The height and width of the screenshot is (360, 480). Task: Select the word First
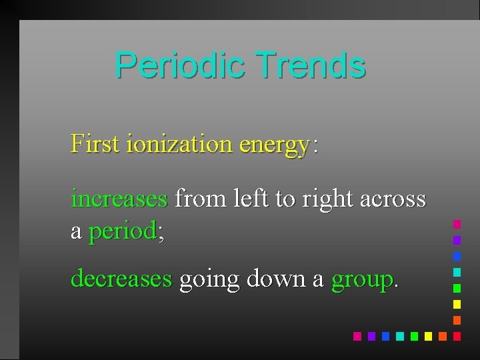95,143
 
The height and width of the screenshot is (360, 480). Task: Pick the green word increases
119,198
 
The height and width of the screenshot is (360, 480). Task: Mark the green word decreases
121,278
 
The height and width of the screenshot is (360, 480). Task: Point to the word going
209,279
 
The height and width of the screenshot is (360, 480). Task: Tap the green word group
361,279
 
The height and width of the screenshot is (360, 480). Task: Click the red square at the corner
457,336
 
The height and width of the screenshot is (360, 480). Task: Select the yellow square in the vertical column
457,304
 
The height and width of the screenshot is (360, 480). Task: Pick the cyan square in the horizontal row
399,336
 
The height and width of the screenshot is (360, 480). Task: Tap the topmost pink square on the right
457,224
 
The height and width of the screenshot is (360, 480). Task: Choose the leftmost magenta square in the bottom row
357,336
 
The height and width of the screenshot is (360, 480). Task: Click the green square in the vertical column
457,288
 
